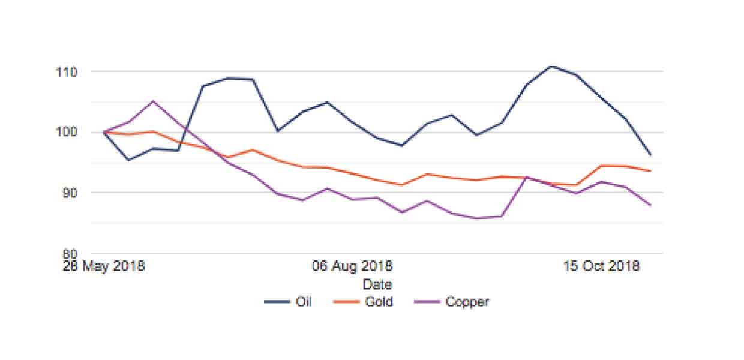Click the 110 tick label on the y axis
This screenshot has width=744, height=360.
(67, 71)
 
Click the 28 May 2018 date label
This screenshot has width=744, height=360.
(104, 266)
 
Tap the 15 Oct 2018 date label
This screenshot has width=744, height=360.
(602, 266)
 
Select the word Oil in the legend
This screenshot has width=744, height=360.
(304, 301)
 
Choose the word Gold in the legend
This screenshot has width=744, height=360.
(379, 301)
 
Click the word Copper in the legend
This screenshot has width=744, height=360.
(467, 301)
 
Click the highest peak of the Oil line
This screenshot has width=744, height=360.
(551, 66)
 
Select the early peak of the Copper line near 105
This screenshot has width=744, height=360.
(153, 101)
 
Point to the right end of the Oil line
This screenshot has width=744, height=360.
(650, 155)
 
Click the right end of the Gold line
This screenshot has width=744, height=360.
(650, 170)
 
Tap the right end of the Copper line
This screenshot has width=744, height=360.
(650, 205)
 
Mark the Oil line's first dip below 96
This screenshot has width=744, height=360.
(128, 160)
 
